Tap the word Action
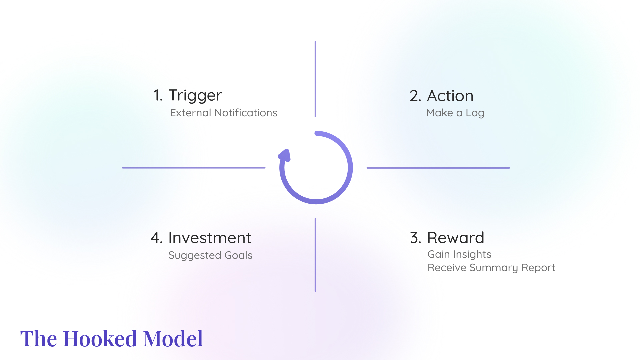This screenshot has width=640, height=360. [x=450, y=96]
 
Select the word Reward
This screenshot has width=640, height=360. [x=456, y=238]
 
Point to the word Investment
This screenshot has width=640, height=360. [x=210, y=238]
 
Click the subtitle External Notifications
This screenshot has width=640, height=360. [x=224, y=113]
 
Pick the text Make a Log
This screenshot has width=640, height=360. [x=455, y=113]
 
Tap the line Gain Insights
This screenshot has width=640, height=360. [x=459, y=255]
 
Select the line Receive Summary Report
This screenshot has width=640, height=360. [x=491, y=268]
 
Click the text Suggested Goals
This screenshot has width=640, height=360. [x=210, y=256]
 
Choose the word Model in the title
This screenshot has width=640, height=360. [x=173, y=339]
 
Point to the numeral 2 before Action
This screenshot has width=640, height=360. [x=415, y=96]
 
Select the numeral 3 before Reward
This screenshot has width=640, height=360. [x=416, y=238]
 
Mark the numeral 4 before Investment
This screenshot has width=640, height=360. [x=156, y=238]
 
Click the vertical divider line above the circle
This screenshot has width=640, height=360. [x=315, y=79]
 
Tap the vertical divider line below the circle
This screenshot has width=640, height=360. [x=315, y=255]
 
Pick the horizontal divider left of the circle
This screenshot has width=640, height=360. [x=194, y=168]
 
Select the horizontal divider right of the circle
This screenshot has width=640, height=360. [x=438, y=168]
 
